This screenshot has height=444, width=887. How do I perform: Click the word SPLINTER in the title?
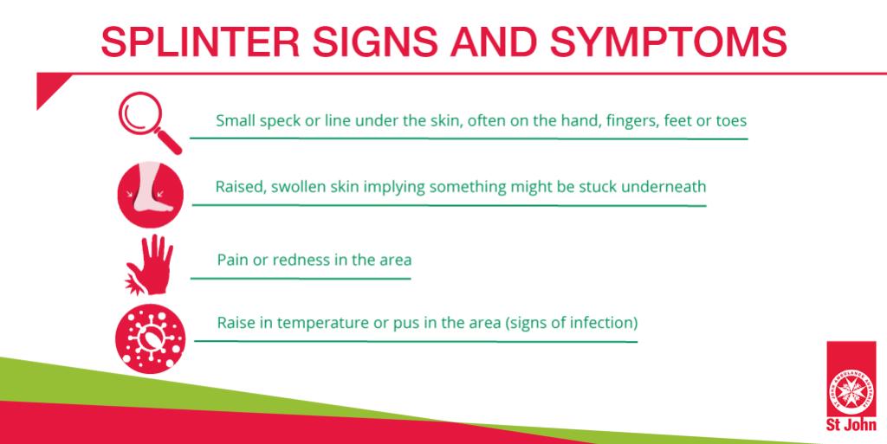[201, 42]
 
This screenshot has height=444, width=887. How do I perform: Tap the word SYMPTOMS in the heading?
[668, 42]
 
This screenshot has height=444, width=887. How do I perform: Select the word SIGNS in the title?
[375, 42]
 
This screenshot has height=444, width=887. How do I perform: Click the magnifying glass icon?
[150, 123]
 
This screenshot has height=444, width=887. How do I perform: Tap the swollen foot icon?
[151, 195]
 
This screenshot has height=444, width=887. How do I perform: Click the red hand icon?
[149, 264]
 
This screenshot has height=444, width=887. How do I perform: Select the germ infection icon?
[150, 338]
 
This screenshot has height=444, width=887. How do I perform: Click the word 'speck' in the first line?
[279, 121]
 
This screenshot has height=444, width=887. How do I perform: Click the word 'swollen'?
[293, 186]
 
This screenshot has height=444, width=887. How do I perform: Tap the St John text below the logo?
[851, 425]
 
